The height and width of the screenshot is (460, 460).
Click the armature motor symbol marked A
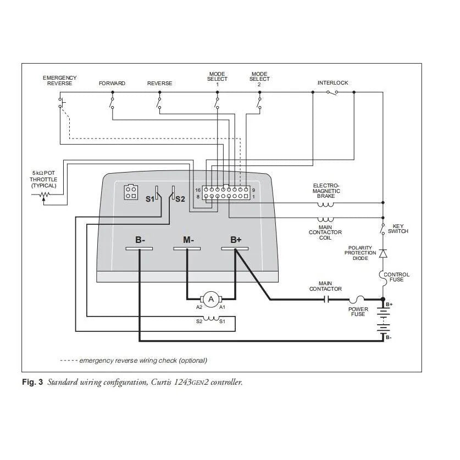point(211,299)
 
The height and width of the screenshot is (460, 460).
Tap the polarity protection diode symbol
point(383,253)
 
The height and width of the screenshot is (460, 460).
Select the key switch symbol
point(383,229)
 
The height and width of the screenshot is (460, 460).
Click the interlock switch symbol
point(332,92)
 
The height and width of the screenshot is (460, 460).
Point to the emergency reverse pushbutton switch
point(62,103)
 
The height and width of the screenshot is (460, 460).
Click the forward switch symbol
point(112,103)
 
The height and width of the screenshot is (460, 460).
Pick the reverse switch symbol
point(159,103)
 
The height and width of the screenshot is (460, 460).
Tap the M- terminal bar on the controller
point(187,249)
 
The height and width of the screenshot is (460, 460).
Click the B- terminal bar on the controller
point(139,249)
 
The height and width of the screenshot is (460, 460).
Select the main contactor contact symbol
point(326,300)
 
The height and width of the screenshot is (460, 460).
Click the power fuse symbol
point(357,299)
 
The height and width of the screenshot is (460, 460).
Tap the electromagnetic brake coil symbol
point(325,204)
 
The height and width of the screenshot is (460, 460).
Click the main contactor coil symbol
point(325,219)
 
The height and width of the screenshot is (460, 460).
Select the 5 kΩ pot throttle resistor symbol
point(45,195)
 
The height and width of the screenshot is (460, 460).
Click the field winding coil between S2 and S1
point(211,318)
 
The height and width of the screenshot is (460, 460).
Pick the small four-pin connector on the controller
point(131,192)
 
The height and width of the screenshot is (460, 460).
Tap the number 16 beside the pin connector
point(198,190)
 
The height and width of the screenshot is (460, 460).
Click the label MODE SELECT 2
point(259,79)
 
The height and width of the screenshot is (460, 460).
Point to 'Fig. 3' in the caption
point(32,382)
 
